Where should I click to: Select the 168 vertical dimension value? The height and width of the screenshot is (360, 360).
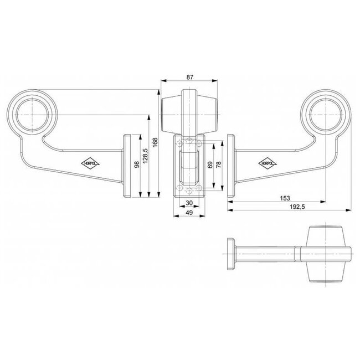(x=156, y=143)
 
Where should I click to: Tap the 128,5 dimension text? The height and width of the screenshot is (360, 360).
(x=145, y=156)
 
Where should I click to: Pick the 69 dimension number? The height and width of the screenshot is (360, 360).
(x=209, y=165)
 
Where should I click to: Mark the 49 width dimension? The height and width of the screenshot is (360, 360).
(x=189, y=213)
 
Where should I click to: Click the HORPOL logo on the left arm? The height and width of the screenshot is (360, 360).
(x=89, y=162)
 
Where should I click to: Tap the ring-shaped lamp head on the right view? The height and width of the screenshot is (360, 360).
(x=324, y=114)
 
